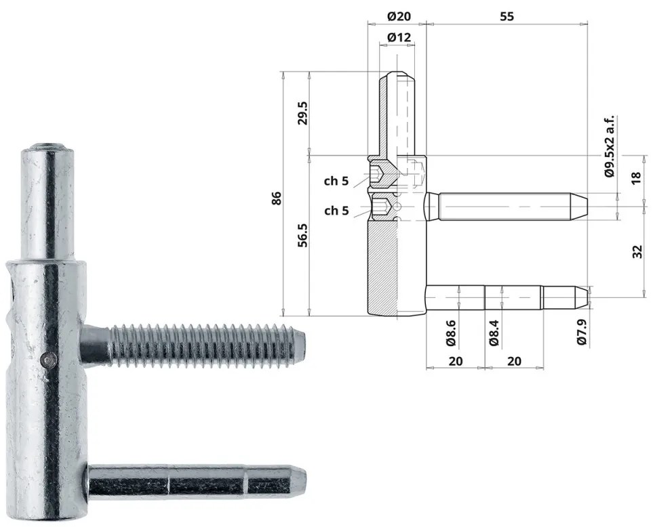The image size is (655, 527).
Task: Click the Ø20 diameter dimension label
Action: pyautogui.click(x=397, y=16)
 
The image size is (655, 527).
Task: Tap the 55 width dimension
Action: pyautogui.click(x=507, y=16)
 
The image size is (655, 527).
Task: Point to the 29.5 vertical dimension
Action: pyautogui.click(x=302, y=113)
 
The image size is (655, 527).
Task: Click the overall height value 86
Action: pyautogui.click(x=276, y=198)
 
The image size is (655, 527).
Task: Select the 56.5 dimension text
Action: pyautogui.click(x=302, y=234)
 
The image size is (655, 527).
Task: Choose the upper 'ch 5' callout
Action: pyautogui.click(x=336, y=181)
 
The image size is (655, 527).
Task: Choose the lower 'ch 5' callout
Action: pyautogui.click(x=336, y=211)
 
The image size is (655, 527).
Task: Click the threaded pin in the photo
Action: pyautogui.click(x=203, y=345)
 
